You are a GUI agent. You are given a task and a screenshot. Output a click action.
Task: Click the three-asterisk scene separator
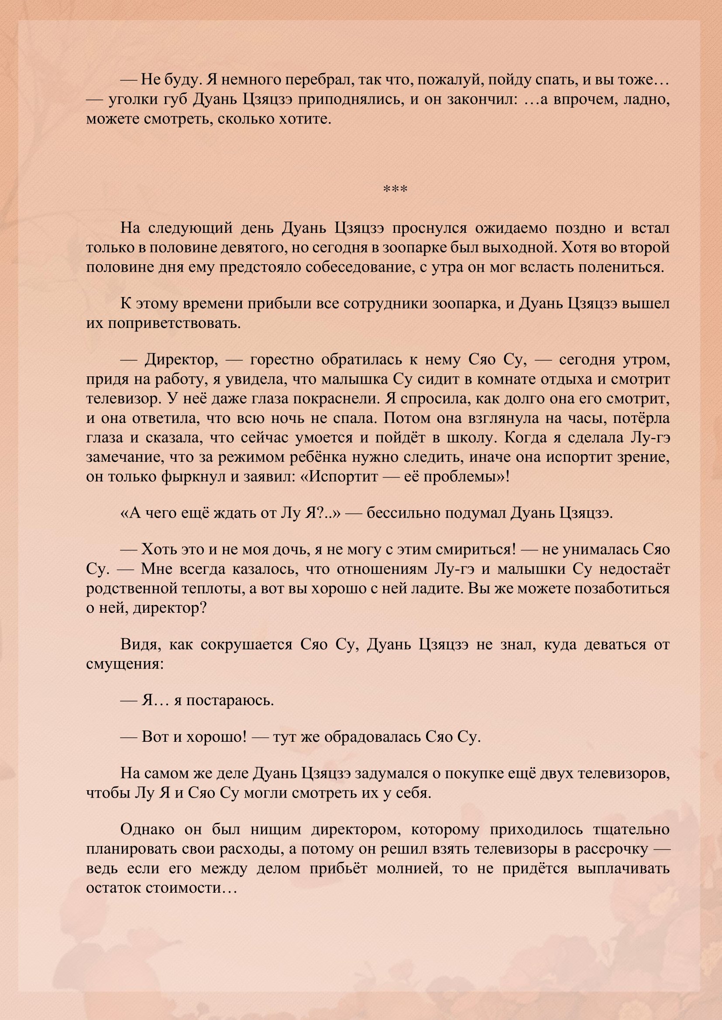[395, 190]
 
